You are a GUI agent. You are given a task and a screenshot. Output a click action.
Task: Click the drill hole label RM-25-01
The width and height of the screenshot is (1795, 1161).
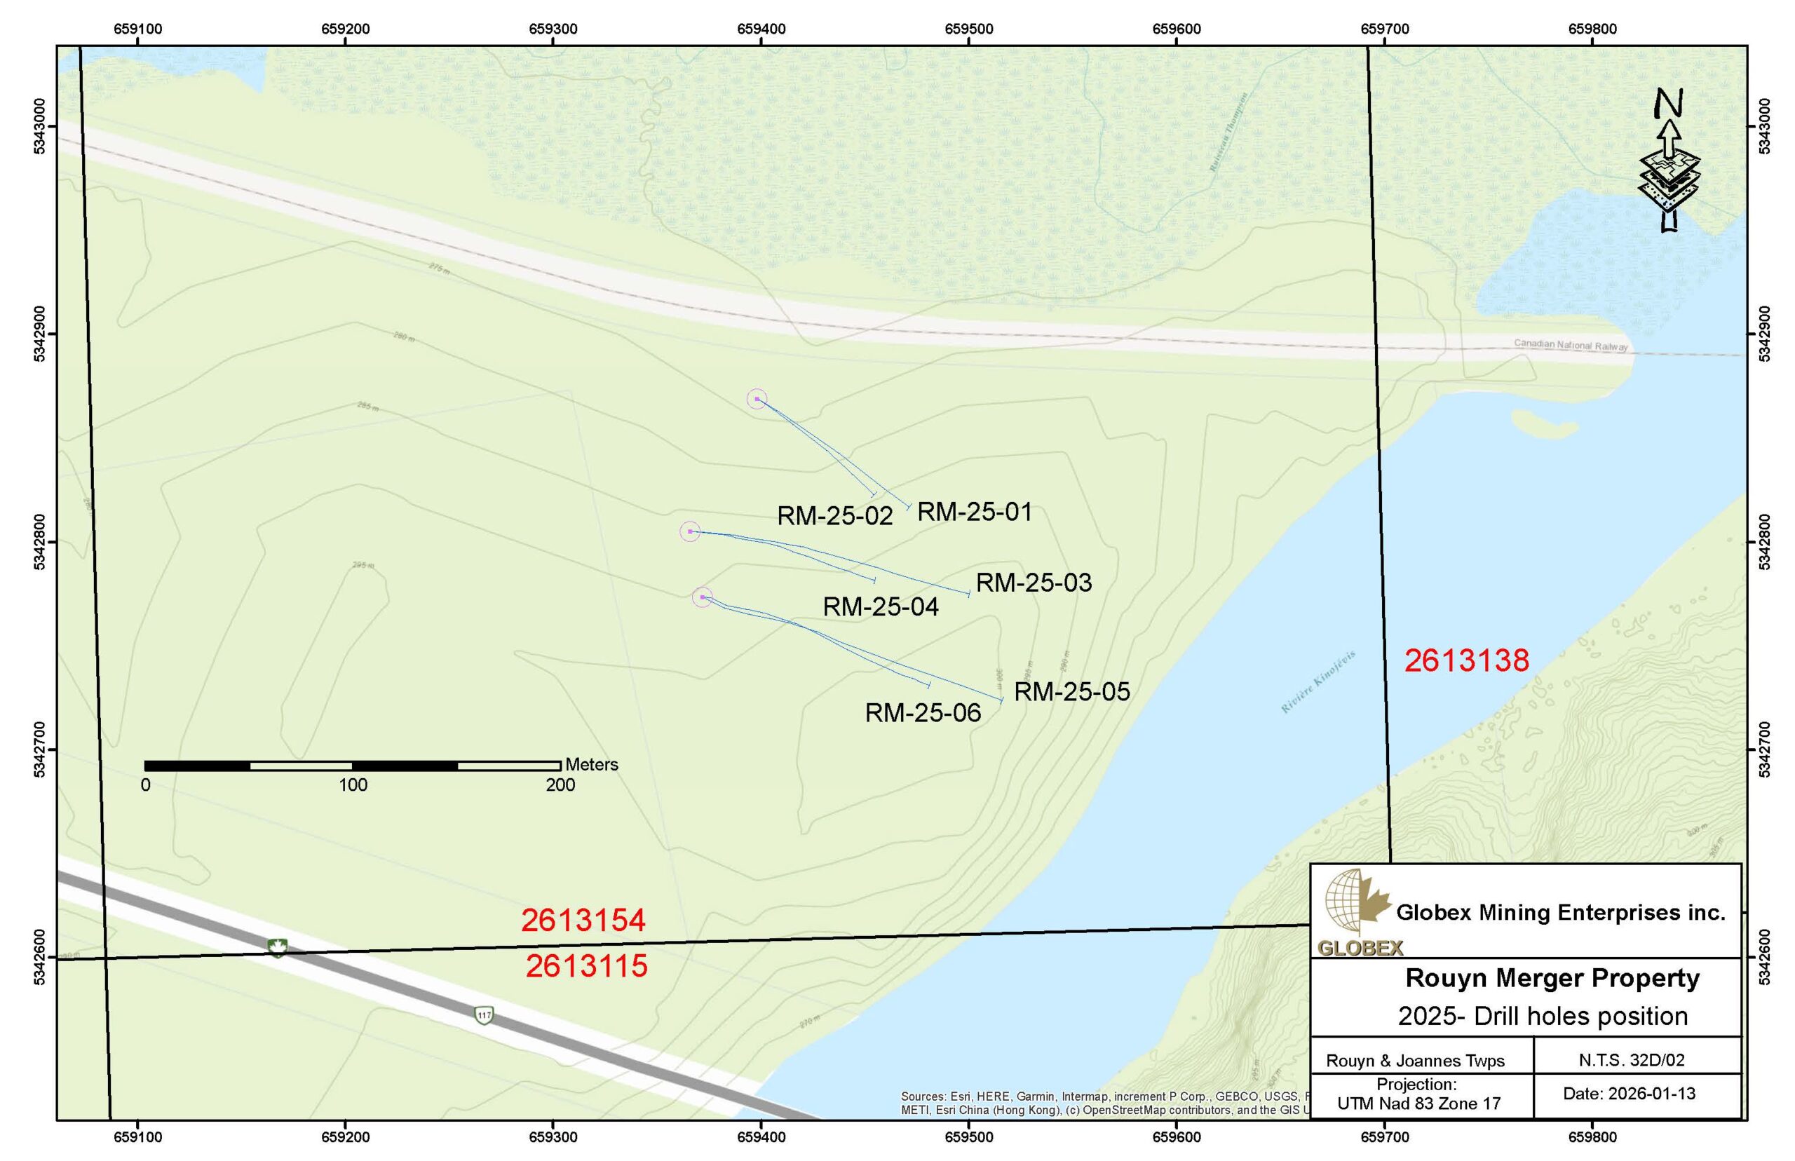pos(974,512)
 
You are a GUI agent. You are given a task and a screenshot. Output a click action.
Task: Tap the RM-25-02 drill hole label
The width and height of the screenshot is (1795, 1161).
pos(834,516)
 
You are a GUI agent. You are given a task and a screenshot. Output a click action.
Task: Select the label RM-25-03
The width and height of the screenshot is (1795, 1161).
pos(1034,583)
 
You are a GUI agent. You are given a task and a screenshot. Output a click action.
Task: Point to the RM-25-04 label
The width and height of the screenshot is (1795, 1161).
pos(881,607)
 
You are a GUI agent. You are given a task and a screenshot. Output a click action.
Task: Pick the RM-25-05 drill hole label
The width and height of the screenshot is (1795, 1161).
pos(1072,692)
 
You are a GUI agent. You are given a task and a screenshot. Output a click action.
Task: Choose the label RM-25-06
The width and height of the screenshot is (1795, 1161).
pos(923,713)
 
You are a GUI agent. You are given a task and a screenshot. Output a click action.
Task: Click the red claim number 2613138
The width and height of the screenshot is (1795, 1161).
pos(1466,661)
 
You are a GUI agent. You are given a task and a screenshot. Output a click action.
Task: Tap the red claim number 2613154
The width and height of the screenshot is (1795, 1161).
pos(583,921)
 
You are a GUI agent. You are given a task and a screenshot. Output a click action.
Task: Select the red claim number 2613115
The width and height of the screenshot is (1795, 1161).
pos(586,967)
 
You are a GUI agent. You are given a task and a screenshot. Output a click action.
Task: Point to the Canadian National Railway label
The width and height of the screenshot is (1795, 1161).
pos(1571,344)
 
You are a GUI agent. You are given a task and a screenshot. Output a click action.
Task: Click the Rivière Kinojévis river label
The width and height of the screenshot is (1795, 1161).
pos(1318,681)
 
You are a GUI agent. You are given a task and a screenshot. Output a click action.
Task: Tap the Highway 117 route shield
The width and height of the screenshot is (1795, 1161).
pos(484,1015)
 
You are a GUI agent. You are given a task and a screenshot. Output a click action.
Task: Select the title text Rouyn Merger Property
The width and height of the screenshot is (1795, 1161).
pos(1552,979)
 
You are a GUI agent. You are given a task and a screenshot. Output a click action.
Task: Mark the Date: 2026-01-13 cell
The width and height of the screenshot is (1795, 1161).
pos(1628,1094)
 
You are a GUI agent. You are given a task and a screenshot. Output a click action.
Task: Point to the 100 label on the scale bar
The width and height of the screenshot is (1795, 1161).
pos(353,785)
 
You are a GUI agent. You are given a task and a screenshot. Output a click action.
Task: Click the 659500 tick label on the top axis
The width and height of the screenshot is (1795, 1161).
pos(969,29)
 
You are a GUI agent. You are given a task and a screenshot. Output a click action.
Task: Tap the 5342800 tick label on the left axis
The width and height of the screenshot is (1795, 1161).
pos(39,542)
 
